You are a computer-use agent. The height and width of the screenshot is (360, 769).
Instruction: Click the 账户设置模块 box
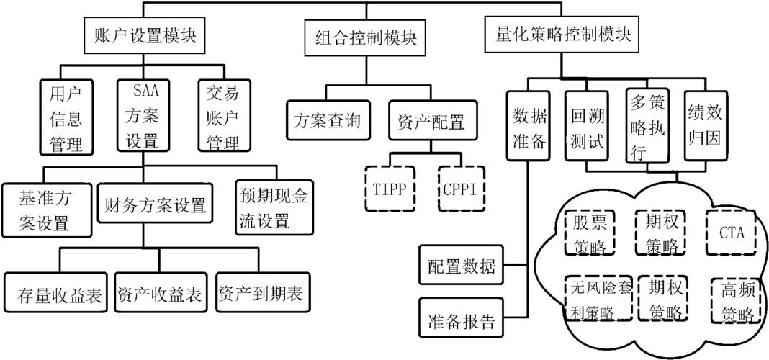click(145, 34)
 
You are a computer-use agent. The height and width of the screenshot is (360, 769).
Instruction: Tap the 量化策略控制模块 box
click(564, 34)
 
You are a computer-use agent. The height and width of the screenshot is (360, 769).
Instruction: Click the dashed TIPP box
click(390, 188)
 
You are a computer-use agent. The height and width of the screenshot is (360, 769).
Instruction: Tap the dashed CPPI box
click(462, 188)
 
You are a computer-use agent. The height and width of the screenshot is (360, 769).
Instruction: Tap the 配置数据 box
click(462, 266)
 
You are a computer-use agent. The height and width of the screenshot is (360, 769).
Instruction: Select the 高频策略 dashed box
click(736, 301)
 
